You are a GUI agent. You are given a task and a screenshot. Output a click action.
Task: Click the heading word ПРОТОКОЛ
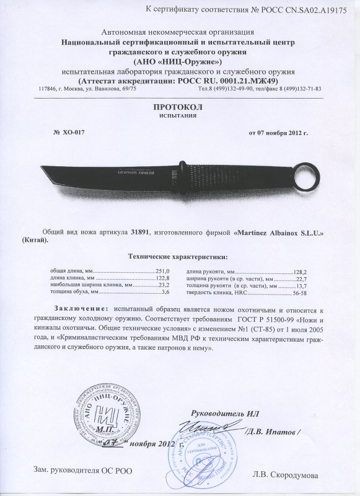(180, 107)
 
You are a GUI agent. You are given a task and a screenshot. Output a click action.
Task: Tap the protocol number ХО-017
(69, 133)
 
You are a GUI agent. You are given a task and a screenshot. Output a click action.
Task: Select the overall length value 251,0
(162, 272)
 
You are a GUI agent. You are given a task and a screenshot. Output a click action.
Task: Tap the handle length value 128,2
(299, 272)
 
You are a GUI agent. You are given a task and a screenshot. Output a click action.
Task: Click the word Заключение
(81, 308)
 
